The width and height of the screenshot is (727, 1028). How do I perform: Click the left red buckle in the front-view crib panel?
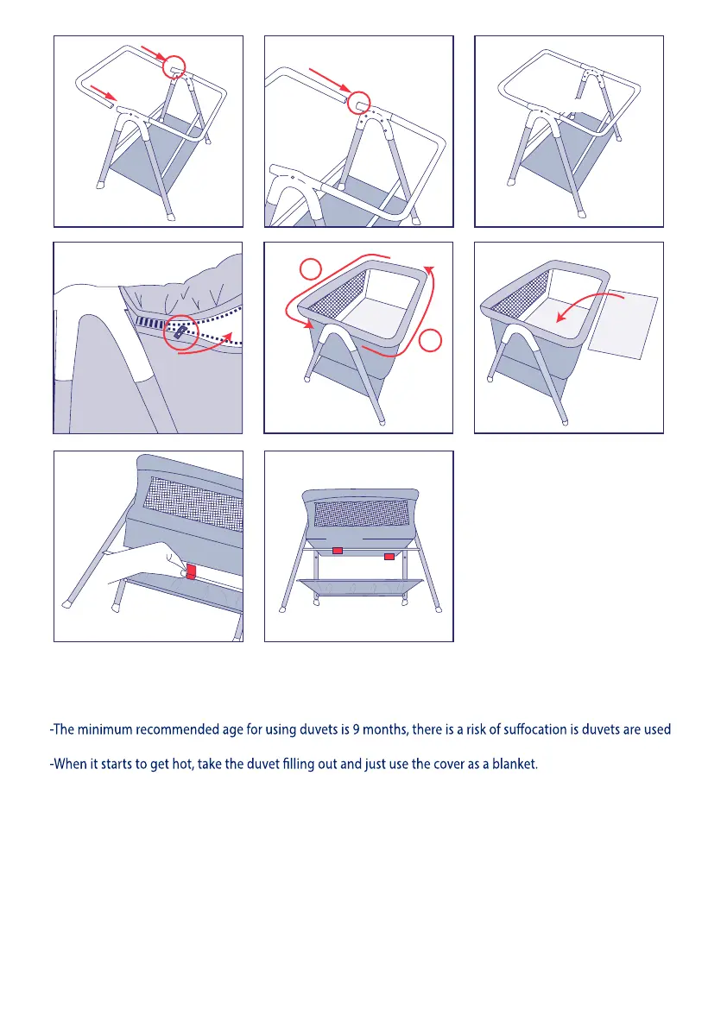pyautogui.click(x=338, y=550)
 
